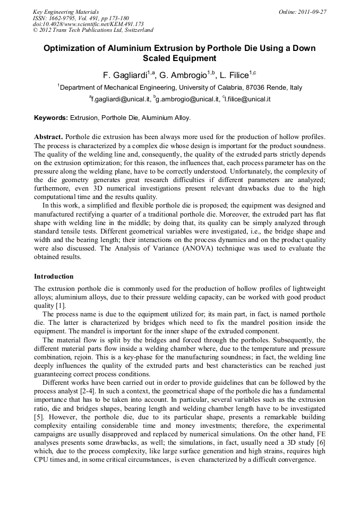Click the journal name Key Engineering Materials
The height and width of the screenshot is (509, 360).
tap(66, 11)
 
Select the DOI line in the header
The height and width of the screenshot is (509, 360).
tap(88, 24)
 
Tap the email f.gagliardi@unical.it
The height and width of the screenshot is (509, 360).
tap(120, 99)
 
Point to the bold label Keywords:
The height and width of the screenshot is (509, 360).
tap(51, 118)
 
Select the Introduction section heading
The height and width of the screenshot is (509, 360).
tap(54, 277)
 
